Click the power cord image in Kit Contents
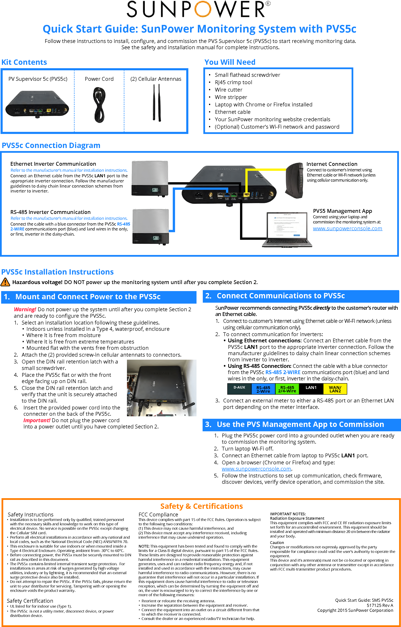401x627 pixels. point(99,105)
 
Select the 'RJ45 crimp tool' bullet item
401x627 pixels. point(233,82)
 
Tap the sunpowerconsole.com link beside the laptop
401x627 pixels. point(347,229)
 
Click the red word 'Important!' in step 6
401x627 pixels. point(37,420)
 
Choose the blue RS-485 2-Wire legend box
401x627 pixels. point(263,389)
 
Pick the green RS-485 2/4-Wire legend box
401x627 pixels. point(287,389)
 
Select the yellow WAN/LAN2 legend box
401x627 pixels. point(335,389)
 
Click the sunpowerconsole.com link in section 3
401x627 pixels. point(256,469)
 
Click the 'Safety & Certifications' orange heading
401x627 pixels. point(201,506)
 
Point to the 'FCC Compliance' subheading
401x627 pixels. point(158,515)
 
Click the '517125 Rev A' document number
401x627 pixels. point(380,605)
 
